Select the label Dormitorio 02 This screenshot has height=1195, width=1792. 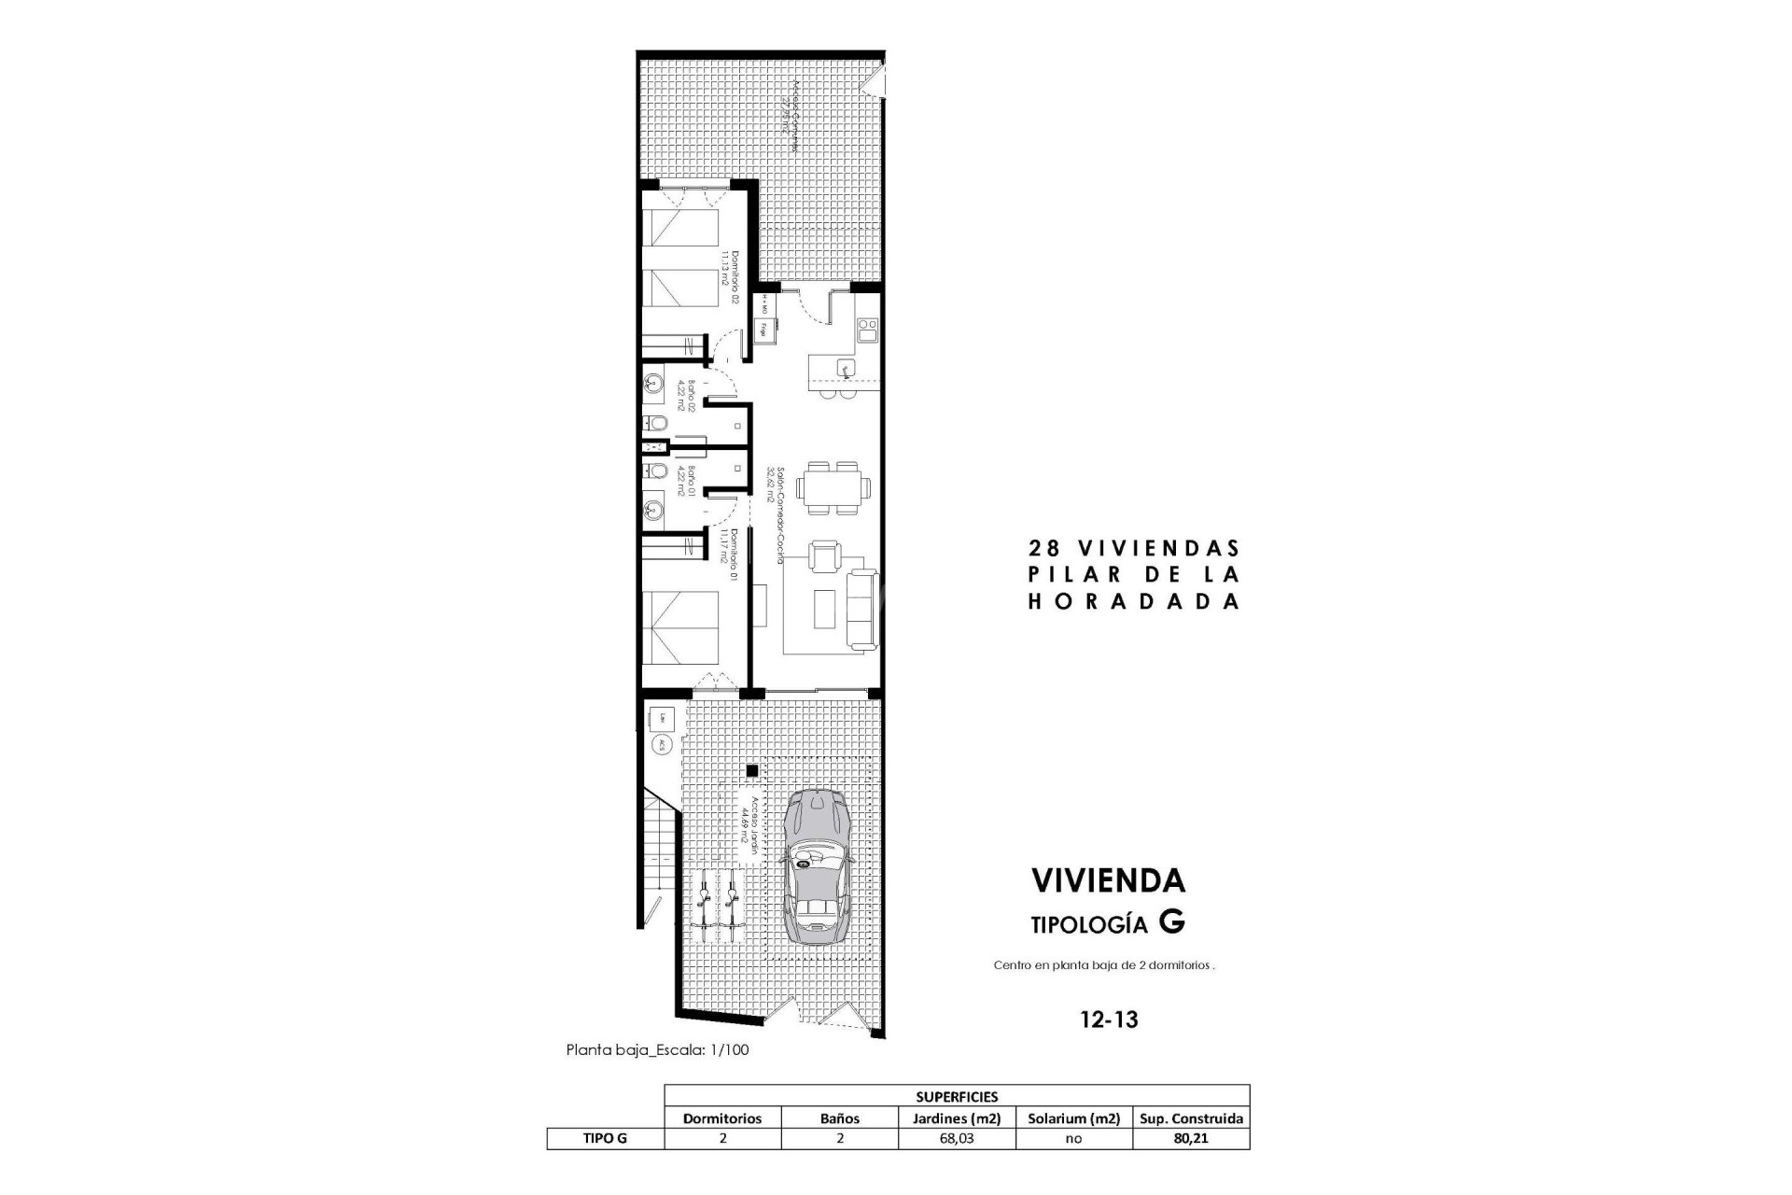point(730,277)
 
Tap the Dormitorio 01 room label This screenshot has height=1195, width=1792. point(730,557)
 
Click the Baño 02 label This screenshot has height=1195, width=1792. point(687,396)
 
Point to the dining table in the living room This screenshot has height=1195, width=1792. point(837,487)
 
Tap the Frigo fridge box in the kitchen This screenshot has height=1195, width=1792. point(763,329)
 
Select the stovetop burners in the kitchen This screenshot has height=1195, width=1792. point(867,328)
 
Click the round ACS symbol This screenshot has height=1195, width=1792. point(661,744)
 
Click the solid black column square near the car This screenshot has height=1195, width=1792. point(752,770)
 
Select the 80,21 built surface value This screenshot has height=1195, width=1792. point(1191,1139)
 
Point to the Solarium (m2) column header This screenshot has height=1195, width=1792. point(1073,1118)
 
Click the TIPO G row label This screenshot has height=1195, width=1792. point(605,1139)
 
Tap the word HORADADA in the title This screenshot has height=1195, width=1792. point(1134,602)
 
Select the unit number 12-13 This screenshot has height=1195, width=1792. point(1109,1019)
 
